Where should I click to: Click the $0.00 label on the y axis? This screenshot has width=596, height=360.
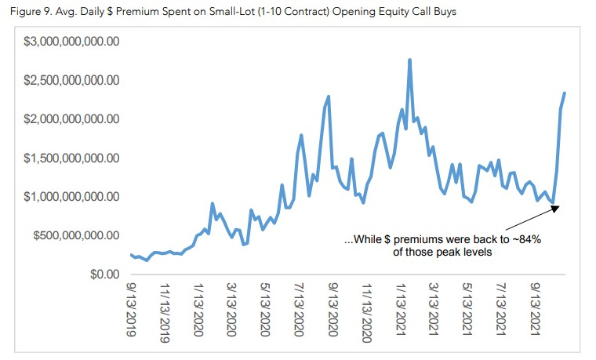pyautogui.click(x=101, y=274)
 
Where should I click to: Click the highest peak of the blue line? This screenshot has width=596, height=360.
pyautogui.click(x=410, y=60)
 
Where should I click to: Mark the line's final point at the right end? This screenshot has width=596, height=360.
pyautogui.click(x=565, y=93)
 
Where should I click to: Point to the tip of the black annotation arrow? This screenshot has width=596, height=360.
pyautogui.click(x=558, y=206)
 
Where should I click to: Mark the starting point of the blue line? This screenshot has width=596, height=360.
pyautogui.click(x=131, y=254)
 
